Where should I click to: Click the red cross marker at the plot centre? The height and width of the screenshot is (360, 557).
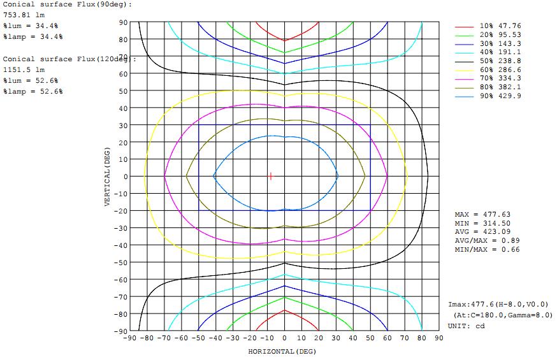click(x=271, y=176)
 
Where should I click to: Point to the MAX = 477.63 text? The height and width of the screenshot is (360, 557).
click(x=482, y=215)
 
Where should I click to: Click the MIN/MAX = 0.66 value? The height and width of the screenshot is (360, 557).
click(x=487, y=249)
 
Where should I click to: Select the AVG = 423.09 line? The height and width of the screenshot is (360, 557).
click(x=482, y=232)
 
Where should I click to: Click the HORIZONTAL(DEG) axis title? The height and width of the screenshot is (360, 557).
click(x=282, y=351)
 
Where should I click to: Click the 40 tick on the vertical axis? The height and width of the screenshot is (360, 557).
click(x=123, y=108)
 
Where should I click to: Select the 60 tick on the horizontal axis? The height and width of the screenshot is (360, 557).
click(x=387, y=338)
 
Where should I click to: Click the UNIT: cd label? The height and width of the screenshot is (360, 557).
click(x=467, y=326)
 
